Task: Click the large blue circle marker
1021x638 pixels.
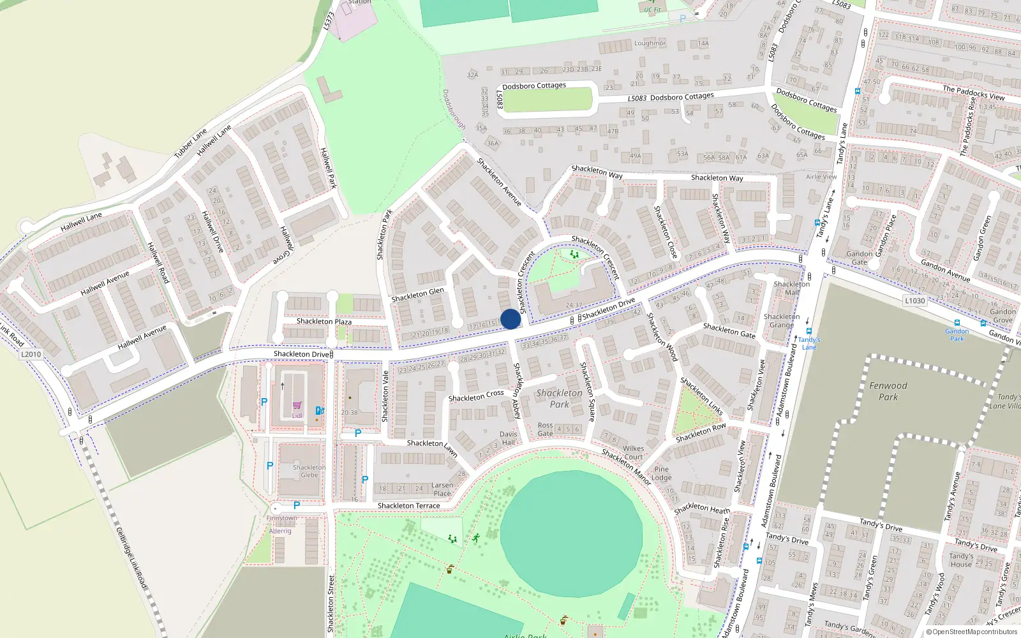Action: [511, 319]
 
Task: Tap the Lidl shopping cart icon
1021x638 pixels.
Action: [297, 405]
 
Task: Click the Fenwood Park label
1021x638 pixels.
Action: [888, 391]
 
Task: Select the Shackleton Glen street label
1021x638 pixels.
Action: [417, 294]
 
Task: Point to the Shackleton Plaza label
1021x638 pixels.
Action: [324, 322]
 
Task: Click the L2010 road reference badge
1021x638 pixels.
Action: [31, 354]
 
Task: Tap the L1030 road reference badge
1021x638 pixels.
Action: [914, 300]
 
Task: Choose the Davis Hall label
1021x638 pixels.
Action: [509, 438]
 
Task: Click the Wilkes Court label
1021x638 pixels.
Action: [633, 452]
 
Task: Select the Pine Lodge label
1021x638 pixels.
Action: [661, 473]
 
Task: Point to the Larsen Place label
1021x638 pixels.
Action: [442, 489]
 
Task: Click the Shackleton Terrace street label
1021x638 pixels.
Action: [408, 506]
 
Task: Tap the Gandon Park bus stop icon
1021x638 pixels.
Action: [957, 323]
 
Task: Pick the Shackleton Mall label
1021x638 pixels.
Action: [791, 288]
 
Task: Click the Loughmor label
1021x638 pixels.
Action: [650, 43]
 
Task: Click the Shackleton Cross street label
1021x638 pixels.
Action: [476, 396]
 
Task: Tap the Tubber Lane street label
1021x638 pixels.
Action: [190, 144]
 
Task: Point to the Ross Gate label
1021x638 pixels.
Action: [545, 429]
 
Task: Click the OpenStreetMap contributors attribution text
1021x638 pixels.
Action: [974, 632]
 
